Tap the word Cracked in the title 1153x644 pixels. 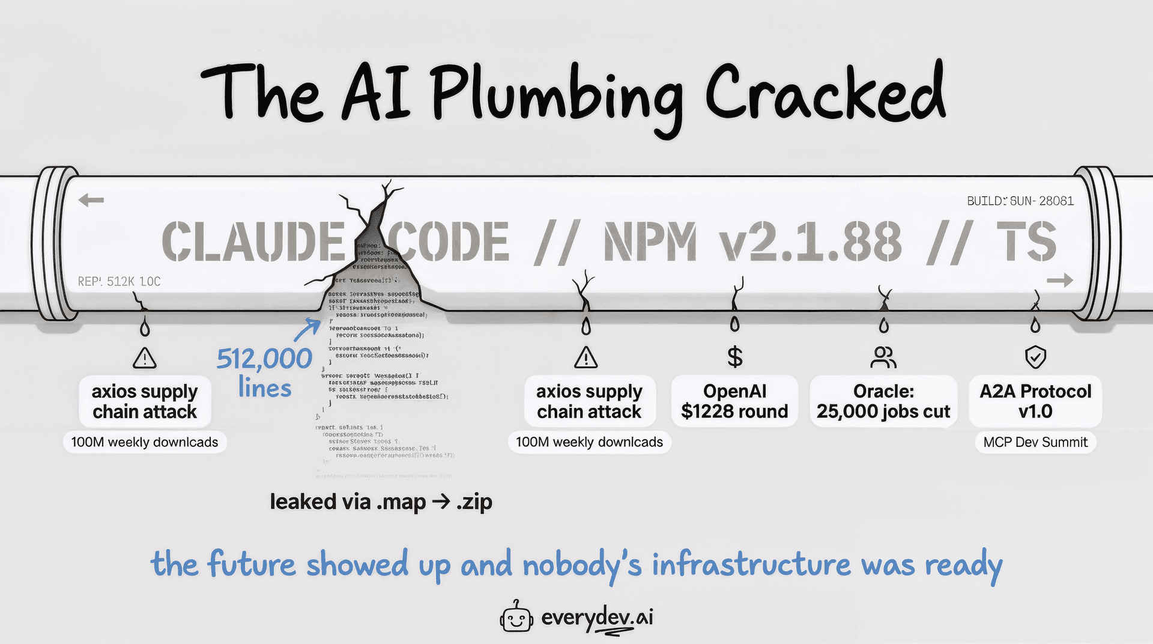pyautogui.click(x=825, y=93)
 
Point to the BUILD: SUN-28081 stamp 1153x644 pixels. pyautogui.click(x=1020, y=201)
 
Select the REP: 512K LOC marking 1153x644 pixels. pyautogui.click(x=119, y=281)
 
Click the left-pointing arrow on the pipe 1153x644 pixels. pyautogui.click(x=91, y=200)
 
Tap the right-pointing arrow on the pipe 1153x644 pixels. pyautogui.click(x=1059, y=280)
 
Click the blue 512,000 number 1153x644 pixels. pyautogui.click(x=264, y=359)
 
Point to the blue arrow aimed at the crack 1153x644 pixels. pyautogui.click(x=307, y=329)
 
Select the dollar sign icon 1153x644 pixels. pyautogui.click(x=734, y=357)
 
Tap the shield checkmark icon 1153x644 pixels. pyautogui.click(x=1035, y=357)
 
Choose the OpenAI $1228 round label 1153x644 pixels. pyautogui.click(x=734, y=401)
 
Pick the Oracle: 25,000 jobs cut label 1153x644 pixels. pyautogui.click(x=883, y=401)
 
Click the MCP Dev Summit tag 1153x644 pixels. pyautogui.click(x=1035, y=442)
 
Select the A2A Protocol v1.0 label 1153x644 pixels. pyautogui.click(x=1035, y=401)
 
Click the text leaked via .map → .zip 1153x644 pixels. pyautogui.click(x=381, y=502)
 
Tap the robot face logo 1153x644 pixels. pyautogui.click(x=516, y=617)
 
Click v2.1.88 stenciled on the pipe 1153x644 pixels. pyautogui.click(x=811, y=242)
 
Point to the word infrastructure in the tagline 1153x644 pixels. pyautogui.click(x=751, y=565)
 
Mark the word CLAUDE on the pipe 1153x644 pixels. pyautogui.click(x=253, y=242)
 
